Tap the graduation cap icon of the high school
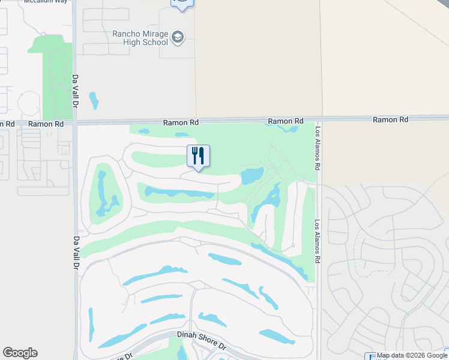pyautogui.click(x=178, y=38)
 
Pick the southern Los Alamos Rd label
pyautogui.click(x=318, y=241)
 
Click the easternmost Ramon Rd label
pyautogui.click(x=390, y=119)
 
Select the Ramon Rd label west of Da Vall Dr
pyautogui.click(x=46, y=124)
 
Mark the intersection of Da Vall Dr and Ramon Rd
pyautogui.click(x=76, y=123)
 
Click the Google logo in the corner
pyautogui.click(x=20, y=352)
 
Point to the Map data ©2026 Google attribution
pyautogui.click(x=412, y=355)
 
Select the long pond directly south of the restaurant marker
pyautogui.click(x=179, y=193)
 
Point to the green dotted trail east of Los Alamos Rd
pyautogui.click(x=358, y=252)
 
